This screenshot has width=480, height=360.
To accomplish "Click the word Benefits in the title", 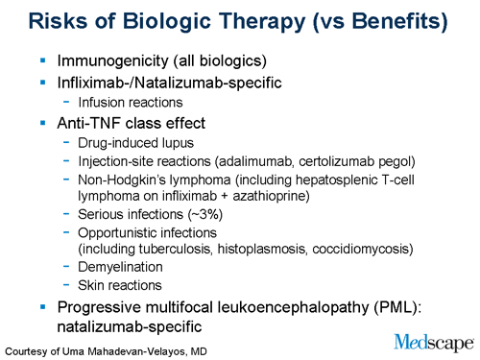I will [384, 21].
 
